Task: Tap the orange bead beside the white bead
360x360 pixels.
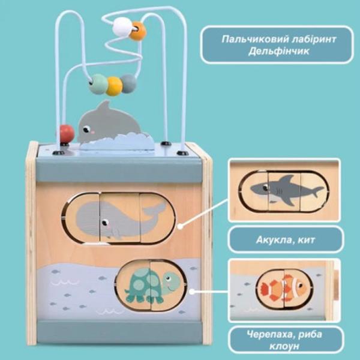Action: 138,31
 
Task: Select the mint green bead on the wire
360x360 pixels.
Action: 98,84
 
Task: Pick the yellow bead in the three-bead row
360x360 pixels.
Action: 115,86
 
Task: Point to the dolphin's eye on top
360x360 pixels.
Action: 86,130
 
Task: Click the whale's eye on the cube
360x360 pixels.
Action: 105,223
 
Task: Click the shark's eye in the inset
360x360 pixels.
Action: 266,188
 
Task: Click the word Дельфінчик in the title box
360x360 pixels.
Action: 279,51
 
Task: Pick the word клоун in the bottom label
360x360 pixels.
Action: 284,346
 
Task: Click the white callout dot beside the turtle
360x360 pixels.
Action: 192,292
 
